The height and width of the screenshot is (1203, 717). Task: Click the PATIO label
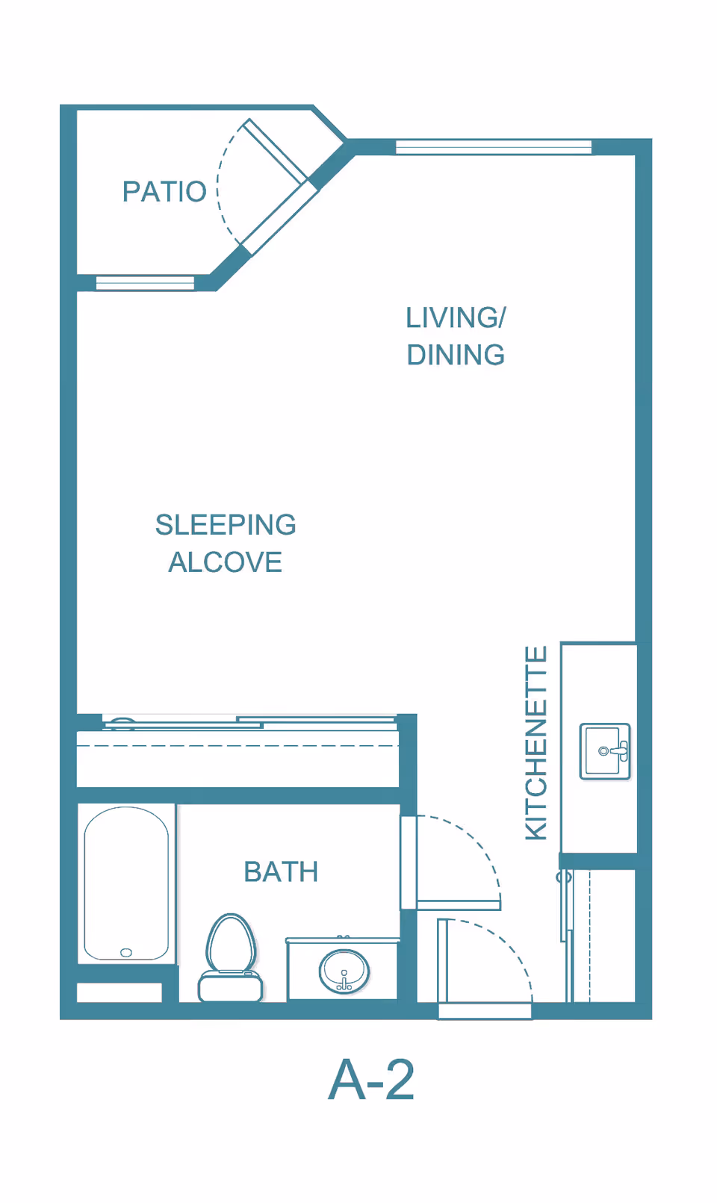pyautogui.click(x=164, y=192)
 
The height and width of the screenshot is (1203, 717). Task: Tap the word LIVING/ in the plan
pyautogui.click(x=456, y=317)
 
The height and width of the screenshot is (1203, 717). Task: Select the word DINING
pyautogui.click(x=456, y=355)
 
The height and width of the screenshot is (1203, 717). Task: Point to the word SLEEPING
pyautogui.click(x=226, y=525)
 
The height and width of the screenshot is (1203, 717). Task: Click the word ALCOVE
pyautogui.click(x=226, y=562)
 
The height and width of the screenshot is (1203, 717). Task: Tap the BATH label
pyautogui.click(x=281, y=871)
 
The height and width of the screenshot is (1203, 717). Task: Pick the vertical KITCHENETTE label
pyautogui.click(x=536, y=743)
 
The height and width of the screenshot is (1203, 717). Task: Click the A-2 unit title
pyautogui.click(x=371, y=1080)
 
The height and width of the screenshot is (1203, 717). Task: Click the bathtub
pyautogui.click(x=126, y=883)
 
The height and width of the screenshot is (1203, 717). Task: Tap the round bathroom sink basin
pyautogui.click(x=344, y=971)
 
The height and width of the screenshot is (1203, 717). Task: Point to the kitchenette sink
pyautogui.click(x=605, y=751)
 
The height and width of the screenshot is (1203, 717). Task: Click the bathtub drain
pyautogui.click(x=126, y=953)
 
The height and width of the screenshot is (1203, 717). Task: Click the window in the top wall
pyautogui.click(x=494, y=146)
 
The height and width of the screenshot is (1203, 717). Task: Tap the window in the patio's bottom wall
pyautogui.click(x=145, y=282)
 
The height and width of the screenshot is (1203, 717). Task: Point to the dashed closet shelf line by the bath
pyautogui.click(x=238, y=746)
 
